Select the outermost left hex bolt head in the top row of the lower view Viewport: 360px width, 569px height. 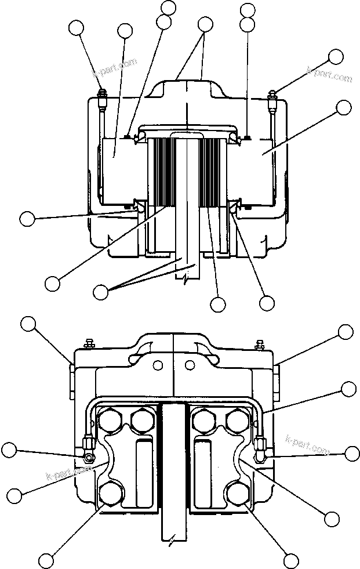pos(109,420)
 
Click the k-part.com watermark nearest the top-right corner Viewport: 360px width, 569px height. pos(329,75)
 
